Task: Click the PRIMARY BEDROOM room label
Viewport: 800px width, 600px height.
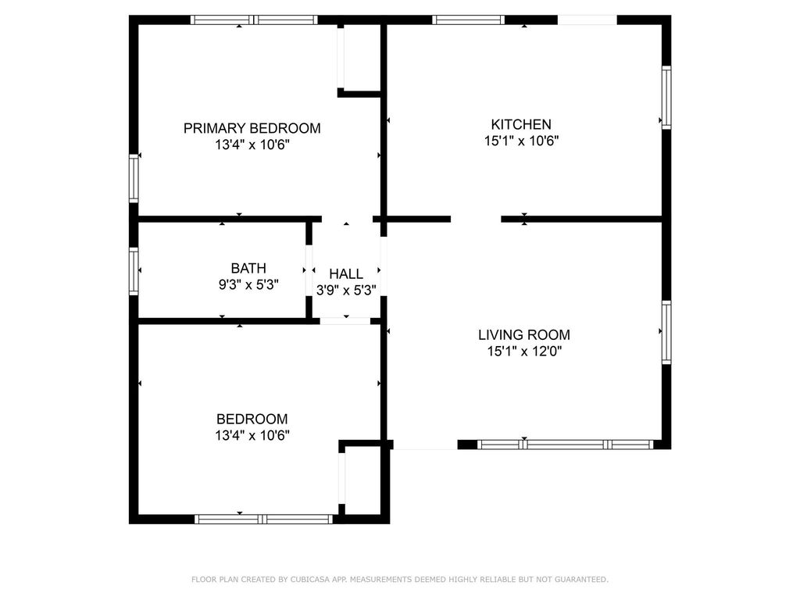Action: click(252, 128)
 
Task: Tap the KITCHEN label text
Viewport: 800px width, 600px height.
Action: click(521, 124)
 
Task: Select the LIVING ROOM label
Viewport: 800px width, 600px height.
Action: click(524, 334)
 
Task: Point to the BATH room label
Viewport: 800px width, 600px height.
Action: click(248, 269)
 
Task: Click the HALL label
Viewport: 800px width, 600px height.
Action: click(346, 274)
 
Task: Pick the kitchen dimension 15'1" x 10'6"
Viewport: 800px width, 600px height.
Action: click(521, 141)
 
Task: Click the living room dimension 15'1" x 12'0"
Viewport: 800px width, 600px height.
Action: click(524, 351)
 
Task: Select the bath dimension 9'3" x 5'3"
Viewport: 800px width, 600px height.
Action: click(248, 284)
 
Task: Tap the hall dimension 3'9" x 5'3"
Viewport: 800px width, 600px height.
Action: click(346, 291)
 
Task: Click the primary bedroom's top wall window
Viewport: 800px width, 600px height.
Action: click(254, 20)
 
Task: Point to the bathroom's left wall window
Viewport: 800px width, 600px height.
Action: click(134, 271)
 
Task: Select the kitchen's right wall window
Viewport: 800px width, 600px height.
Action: click(666, 97)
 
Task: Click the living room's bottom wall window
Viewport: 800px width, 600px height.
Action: click(566, 445)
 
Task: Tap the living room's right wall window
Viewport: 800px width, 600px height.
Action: click(666, 332)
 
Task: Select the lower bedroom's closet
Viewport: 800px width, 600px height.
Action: click(362, 480)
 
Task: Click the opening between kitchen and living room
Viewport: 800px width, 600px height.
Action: click(476, 220)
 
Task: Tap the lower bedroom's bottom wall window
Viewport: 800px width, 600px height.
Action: click(264, 520)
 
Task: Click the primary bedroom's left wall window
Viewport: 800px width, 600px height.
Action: click(134, 179)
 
